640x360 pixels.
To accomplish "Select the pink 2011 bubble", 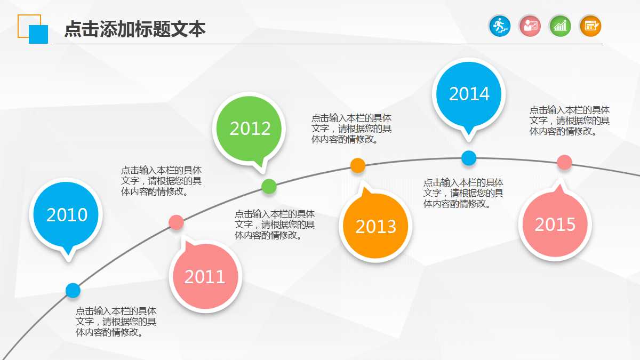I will (205, 277).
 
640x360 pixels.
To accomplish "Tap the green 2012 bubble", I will (250, 129).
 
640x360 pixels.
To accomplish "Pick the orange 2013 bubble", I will (376, 227).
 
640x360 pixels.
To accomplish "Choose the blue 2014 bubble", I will (469, 94).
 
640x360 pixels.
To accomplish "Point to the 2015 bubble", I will (555, 225).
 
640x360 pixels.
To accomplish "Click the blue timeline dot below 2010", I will (73, 290).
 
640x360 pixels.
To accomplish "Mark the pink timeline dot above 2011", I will (176, 222).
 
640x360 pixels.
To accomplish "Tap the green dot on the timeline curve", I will (269, 187).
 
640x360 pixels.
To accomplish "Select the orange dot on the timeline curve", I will (358, 165).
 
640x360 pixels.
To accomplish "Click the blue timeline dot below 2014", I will (469, 158).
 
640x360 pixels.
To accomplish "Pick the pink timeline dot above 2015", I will (564, 162).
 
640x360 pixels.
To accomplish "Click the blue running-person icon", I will (500, 26).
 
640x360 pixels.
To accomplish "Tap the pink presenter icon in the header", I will (530, 26).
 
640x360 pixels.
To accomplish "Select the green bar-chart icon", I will (560, 26).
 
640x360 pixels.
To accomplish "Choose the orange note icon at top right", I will (590, 26).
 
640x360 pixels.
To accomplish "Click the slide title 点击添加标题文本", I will (134, 29).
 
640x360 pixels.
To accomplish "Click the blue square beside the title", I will (38, 34).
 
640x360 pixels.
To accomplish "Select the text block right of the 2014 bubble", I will (569, 121).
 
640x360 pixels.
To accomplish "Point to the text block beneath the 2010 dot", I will (116, 322).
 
